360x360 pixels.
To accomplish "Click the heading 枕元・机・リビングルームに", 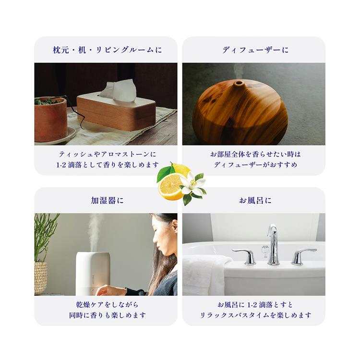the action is [x=108, y=50].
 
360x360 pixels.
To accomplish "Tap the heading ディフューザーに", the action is [x=255, y=50].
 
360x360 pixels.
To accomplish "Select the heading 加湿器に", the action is [x=107, y=201].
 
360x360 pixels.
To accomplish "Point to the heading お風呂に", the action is [x=255, y=201].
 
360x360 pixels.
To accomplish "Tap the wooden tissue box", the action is [x=117, y=112].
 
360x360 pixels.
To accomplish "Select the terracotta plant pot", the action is [x=51, y=119].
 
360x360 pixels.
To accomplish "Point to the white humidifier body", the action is [x=93, y=274].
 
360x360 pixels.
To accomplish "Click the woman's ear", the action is [x=175, y=226].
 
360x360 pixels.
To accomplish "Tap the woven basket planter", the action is [x=40, y=278].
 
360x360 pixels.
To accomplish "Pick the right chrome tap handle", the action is [x=302, y=256].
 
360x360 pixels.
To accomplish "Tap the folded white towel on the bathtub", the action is [x=204, y=275].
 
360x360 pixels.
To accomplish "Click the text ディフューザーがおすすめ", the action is [x=255, y=164].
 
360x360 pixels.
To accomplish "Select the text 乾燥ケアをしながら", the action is [x=107, y=305].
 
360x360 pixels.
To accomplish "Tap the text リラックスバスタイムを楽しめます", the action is [x=255, y=315].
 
